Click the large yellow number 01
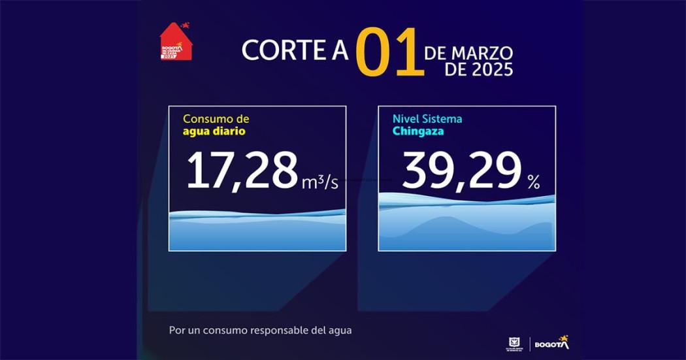pyautogui.click(x=388, y=52)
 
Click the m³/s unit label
pyautogui.click(x=320, y=182)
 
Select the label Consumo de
pyautogui.click(x=216, y=119)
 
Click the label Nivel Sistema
pyautogui.click(x=427, y=119)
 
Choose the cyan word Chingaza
pyautogui.click(x=419, y=131)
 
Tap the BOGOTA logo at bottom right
pyautogui.click(x=551, y=343)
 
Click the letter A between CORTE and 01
pyautogui.click(x=340, y=51)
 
